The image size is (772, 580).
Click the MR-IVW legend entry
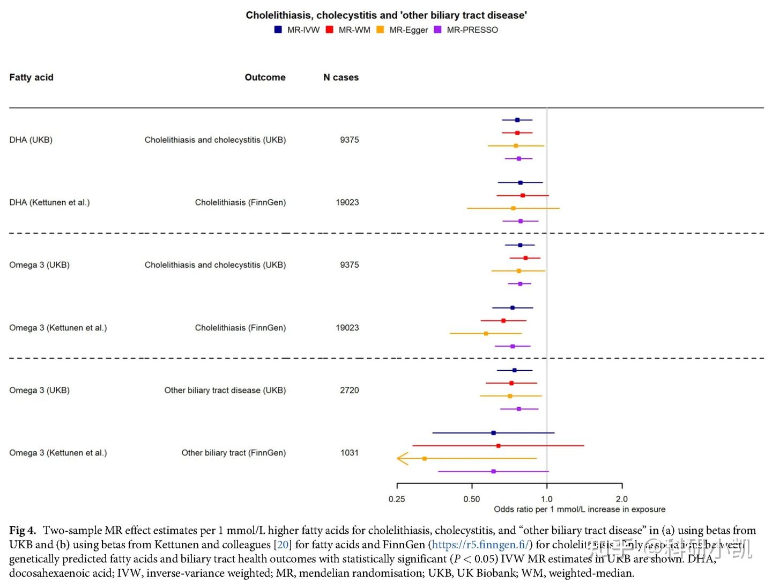coord(298,30)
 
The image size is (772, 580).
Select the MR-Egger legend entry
coord(403,30)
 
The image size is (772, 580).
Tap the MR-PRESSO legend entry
coord(466,30)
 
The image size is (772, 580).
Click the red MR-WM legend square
coord(330,30)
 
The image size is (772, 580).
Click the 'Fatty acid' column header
coord(31,77)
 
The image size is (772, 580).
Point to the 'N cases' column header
coord(341,77)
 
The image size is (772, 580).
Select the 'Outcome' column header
coord(265,77)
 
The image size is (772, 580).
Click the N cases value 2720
coord(349,390)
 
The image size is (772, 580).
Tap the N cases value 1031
coord(349,453)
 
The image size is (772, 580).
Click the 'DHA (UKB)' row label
coord(31,140)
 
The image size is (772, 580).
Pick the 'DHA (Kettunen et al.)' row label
coord(49,202)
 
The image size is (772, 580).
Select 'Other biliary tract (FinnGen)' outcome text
coord(233,453)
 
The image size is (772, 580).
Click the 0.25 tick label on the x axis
coord(397,499)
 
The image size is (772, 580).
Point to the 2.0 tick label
coord(622,499)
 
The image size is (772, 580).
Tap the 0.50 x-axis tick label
coord(472,499)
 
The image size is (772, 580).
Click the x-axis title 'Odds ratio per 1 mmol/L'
coord(580,509)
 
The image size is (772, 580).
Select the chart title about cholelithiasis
coord(386,15)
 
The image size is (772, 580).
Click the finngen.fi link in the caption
coord(480,545)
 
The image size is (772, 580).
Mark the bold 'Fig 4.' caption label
coord(23,531)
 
